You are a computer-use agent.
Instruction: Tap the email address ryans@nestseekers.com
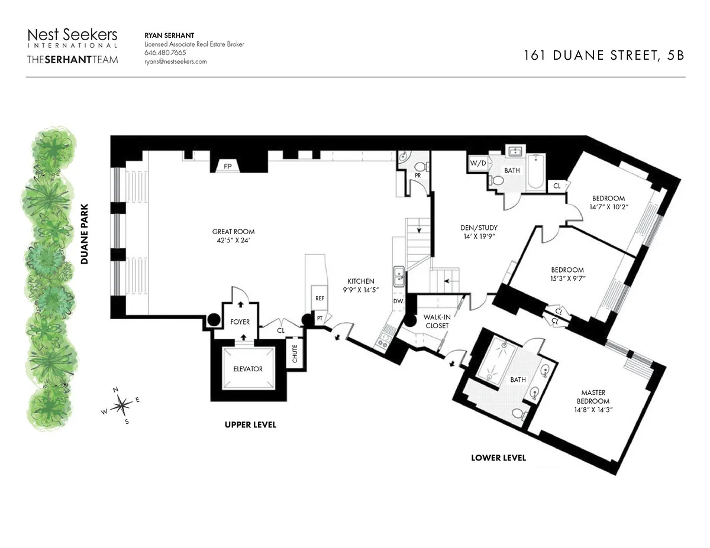point(176,61)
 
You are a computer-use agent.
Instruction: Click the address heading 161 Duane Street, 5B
point(603,56)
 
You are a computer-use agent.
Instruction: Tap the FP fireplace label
point(227,167)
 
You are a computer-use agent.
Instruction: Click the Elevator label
point(248,369)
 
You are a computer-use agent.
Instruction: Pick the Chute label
point(295,354)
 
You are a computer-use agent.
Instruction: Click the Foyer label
point(241,322)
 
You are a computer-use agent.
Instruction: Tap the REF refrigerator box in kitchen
point(319,299)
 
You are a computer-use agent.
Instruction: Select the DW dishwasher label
point(398,301)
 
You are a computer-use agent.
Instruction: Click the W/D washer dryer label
point(477,163)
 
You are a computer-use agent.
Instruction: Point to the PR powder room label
point(418,176)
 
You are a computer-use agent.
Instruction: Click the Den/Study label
point(479,228)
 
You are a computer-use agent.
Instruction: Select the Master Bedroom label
point(593,397)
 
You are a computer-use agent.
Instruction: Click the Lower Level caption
point(498,458)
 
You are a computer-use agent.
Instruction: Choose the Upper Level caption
point(250,424)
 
